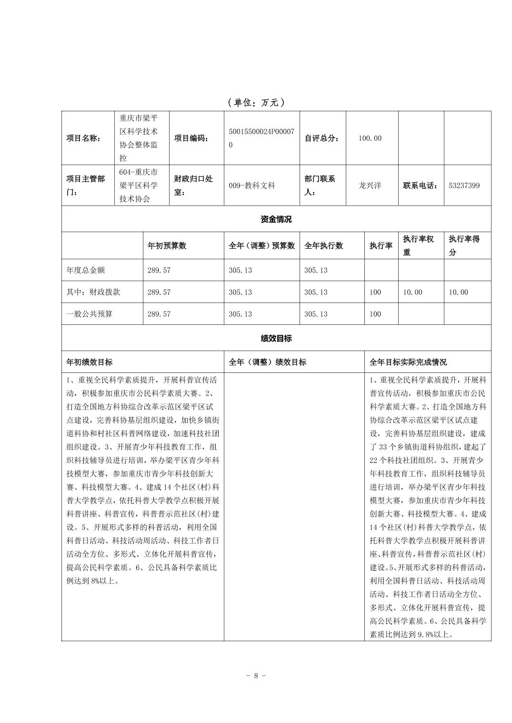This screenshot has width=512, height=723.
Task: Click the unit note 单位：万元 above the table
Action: pyautogui.click(x=256, y=102)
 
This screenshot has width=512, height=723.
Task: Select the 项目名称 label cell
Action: pyautogui.click(x=83, y=138)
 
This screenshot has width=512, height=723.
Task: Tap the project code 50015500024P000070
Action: pyautogui.click(x=261, y=138)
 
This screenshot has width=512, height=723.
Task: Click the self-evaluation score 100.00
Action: pyautogui.click(x=370, y=138)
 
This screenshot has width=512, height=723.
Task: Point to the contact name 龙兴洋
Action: pyautogui.click(x=370, y=186)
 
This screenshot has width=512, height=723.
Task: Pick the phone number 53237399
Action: pyautogui.click(x=464, y=186)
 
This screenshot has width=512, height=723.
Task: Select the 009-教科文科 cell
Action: pyautogui.click(x=252, y=186)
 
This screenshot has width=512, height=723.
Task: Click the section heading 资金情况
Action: pyautogui.click(x=276, y=219)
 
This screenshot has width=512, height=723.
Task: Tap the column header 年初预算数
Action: pyautogui.click(x=167, y=245)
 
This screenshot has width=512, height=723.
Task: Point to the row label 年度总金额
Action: pyautogui.click(x=86, y=270)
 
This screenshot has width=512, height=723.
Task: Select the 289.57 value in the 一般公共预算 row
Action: pyautogui.click(x=159, y=314)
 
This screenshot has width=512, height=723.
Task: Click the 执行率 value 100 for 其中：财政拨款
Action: pyautogui.click(x=375, y=292)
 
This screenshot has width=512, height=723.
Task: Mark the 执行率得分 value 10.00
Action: pyautogui.click(x=458, y=292)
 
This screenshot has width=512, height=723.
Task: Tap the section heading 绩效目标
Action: pyautogui.click(x=276, y=338)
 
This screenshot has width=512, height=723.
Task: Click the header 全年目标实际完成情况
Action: pyautogui.click(x=408, y=362)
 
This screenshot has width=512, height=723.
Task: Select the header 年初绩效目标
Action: pyautogui.click(x=90, y=362)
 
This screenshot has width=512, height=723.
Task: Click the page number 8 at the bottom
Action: pyautogui.click(x=256, y=675)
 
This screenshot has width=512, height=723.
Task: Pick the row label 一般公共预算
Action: pyautogui.click(x=90, y=314)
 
